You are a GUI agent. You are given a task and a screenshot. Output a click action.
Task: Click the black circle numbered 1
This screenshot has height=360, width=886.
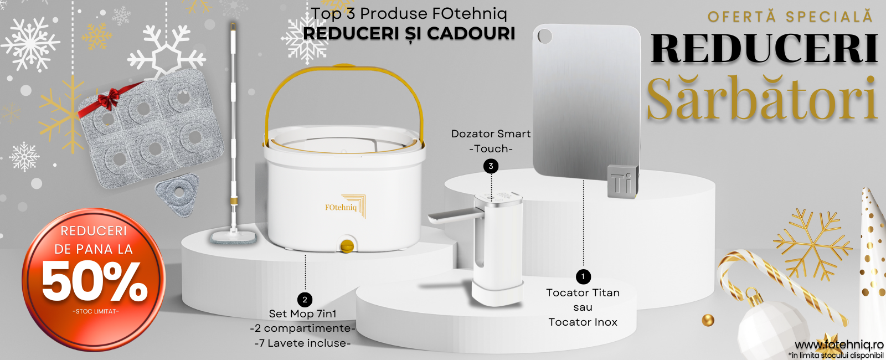pos(583,276)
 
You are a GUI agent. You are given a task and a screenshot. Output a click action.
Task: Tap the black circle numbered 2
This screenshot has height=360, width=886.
pos(305,300)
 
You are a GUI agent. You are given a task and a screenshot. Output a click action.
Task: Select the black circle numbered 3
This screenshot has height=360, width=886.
pos(491,166)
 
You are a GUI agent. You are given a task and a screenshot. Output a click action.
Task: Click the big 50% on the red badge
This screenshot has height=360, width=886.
pos(94,282)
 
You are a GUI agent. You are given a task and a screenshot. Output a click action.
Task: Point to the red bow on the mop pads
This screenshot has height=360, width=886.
pos(107,97)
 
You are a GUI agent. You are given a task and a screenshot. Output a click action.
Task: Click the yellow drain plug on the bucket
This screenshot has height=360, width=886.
pos(347,245)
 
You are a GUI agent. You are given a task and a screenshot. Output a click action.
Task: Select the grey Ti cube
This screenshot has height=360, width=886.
pos(622,181)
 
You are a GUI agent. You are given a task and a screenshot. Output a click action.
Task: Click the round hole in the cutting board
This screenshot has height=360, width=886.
pos(545,37)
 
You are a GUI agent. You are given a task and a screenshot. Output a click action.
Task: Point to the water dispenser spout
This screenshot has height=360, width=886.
pos(455,215)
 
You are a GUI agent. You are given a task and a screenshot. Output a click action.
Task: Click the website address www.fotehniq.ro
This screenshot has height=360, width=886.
pos(838,345)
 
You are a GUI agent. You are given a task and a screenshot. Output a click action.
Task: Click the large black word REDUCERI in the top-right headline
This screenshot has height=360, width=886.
pos(764,49)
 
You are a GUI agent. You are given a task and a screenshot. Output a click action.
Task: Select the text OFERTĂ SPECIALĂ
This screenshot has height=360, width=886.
pos(790,17)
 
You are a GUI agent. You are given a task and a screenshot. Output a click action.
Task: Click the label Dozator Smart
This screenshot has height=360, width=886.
pos(491,133)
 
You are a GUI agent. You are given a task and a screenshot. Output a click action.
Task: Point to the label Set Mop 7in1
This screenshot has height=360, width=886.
pos(302,313)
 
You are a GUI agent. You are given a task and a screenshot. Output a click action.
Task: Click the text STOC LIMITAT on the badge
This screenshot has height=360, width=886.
pos(95,311)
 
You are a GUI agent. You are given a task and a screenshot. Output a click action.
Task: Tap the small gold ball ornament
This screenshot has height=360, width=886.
pos(708,320)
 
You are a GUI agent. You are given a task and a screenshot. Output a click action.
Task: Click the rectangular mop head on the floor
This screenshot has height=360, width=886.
pos(233,238)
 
